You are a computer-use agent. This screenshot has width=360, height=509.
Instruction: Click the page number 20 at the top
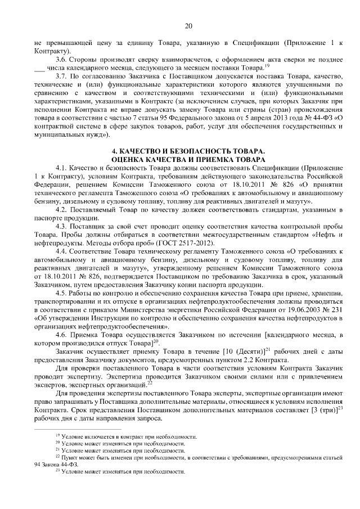click(188, 25)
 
